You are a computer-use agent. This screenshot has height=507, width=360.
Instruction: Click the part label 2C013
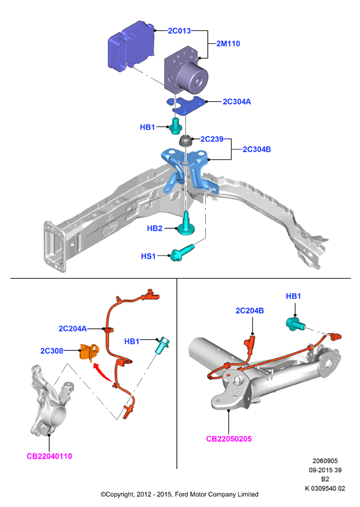tap(179, 31)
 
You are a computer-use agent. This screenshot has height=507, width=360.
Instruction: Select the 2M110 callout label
tap(228, 44)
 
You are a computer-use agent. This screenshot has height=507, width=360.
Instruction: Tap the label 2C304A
tap(237, 101)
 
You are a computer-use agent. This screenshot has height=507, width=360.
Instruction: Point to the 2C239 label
tap(212, 139)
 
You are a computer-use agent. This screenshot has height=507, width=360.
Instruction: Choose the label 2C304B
tap(257, 150)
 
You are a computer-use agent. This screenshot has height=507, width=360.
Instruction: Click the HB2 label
tap(155, 228)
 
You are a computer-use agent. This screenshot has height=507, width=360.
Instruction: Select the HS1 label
tap(148, 257)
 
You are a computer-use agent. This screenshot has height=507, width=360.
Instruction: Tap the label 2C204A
tap(72, 328)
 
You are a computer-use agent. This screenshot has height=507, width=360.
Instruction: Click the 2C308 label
tap(52, 351)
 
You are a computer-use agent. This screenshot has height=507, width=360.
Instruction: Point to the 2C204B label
tap(250, 311)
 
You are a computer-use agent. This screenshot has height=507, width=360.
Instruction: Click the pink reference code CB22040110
tap(50, 456)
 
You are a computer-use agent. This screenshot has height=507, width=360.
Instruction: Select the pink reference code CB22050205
tap(229, 439)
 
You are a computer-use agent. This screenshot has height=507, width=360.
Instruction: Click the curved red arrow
tap(102, 372)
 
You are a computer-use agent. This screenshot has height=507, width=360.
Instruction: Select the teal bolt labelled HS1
tap(182, 253)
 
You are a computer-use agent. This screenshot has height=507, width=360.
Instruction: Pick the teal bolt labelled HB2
tap(186, 224)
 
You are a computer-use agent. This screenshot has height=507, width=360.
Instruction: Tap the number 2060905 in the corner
tap(325, 461)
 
